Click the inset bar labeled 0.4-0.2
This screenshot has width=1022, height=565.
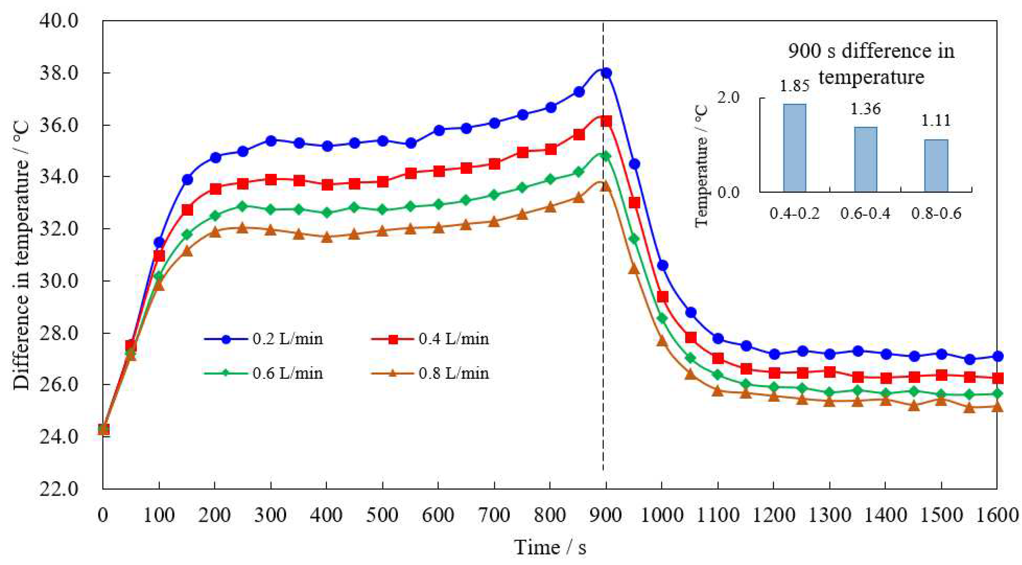(x=794, y=148)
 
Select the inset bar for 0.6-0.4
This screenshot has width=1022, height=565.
(x=865, y=159)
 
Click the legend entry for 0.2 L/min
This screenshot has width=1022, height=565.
(x=264, y=339)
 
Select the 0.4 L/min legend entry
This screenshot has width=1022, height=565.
(x=430, y=339)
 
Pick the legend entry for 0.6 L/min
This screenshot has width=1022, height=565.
(x=264, y=373)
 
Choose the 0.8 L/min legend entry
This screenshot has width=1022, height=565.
(x=430, y=373)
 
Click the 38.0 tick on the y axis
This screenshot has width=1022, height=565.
(x=59, y=73)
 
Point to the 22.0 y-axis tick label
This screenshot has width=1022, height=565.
(x=59, y=488)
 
